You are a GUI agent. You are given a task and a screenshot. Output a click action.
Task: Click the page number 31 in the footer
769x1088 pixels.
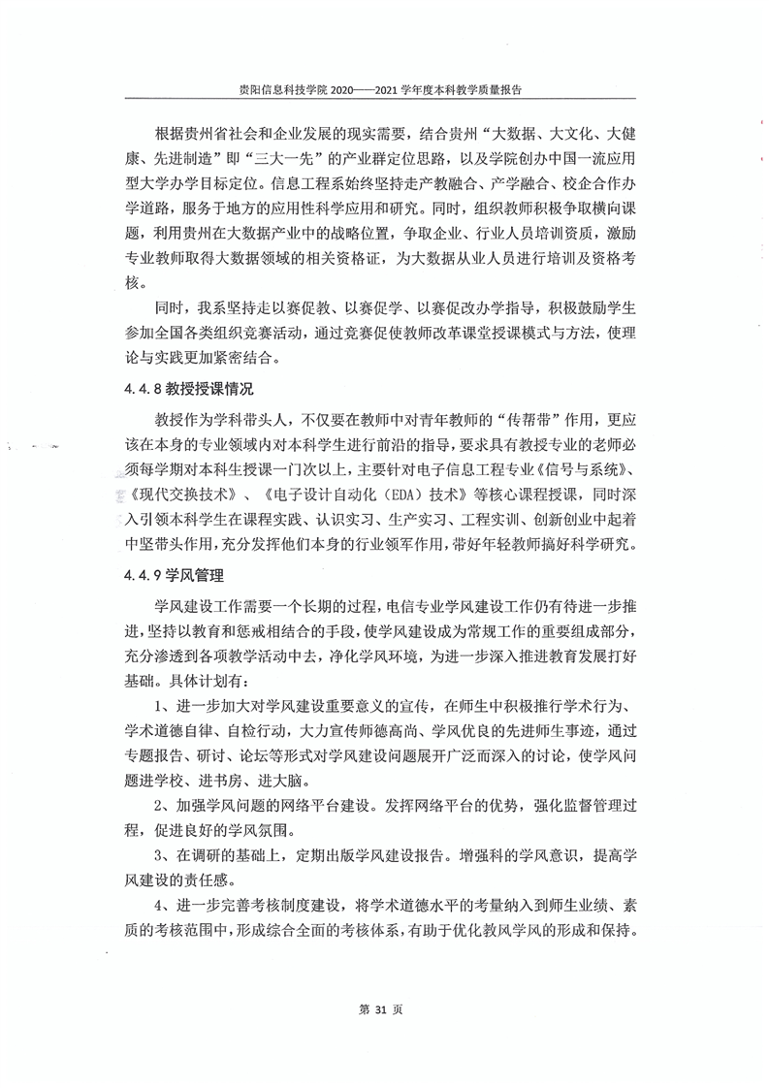(x=384, y=1009)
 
